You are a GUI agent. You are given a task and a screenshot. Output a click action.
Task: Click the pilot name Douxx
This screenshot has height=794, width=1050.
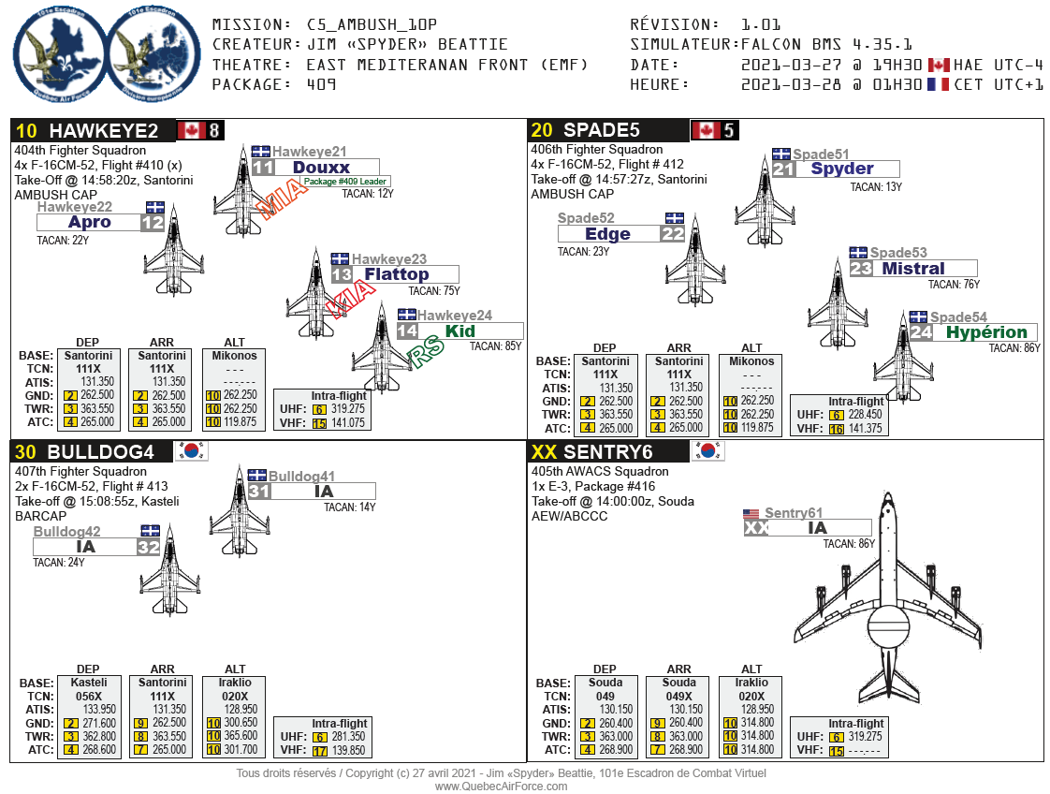pos(321,168)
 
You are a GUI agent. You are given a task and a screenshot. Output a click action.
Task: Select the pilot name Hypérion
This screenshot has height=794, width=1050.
pos(985,332)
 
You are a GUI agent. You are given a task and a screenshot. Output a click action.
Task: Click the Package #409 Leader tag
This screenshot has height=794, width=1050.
pos(345,182)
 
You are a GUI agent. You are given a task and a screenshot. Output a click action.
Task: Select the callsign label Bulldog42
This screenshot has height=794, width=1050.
pos(67,532)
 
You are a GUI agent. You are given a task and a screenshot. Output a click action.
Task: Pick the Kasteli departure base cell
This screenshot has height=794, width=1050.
pos(88,683)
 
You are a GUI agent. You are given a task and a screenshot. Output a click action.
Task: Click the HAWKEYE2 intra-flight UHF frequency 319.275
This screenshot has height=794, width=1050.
pos(348,409)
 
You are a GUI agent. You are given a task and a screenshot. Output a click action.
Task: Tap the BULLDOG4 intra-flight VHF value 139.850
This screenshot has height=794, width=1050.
pos(348,751)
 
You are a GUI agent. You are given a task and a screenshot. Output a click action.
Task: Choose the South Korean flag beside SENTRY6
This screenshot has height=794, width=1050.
pos(707,451)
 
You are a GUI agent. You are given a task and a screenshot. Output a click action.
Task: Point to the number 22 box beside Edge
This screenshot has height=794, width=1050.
pos(673,234)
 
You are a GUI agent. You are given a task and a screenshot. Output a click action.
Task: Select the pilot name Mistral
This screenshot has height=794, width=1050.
pos(912,269)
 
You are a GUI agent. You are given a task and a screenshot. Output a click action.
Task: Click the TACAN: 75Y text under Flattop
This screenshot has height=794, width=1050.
pos(439,290)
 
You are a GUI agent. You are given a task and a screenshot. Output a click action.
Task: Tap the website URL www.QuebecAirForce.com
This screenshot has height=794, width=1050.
pos(501,787)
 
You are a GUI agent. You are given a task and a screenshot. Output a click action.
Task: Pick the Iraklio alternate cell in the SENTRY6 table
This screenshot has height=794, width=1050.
pos(751,683)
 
